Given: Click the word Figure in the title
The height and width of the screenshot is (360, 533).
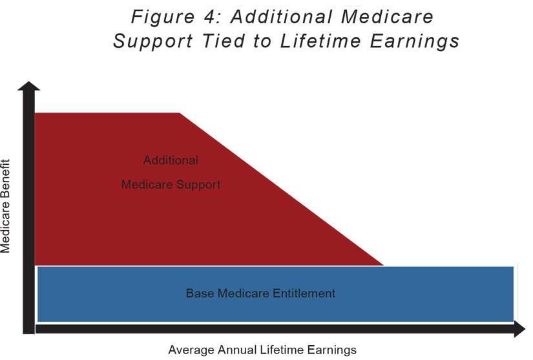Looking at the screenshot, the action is tap(162, 17).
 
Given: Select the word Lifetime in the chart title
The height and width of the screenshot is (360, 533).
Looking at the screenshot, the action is tap(320, 41).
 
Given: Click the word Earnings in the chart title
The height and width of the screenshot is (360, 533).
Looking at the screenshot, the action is tap(414, 42).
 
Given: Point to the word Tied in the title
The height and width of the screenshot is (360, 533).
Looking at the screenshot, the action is tap(224, 41).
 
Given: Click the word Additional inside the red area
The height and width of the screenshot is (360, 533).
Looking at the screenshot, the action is tap(171, 160).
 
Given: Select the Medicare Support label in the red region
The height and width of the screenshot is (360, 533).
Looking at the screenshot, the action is tap(171, 185).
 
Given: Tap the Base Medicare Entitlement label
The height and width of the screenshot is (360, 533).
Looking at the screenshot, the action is tap(261, 293).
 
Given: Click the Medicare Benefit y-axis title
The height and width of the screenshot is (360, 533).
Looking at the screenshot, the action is tap(5, 206).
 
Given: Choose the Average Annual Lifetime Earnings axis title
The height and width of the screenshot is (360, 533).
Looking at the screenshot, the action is tap(262, 350).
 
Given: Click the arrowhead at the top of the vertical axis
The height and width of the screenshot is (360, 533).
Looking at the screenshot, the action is tap(29, 86).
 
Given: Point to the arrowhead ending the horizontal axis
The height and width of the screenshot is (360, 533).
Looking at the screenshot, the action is tap(519, 329).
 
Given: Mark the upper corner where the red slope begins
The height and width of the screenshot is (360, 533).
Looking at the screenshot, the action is tap(179, 113).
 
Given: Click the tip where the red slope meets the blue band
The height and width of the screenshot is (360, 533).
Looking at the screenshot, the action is tap(384, 265).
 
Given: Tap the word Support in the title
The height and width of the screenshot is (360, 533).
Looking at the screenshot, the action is tap(153, 42).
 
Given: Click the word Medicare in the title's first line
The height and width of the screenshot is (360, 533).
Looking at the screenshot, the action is tap(387, 17).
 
